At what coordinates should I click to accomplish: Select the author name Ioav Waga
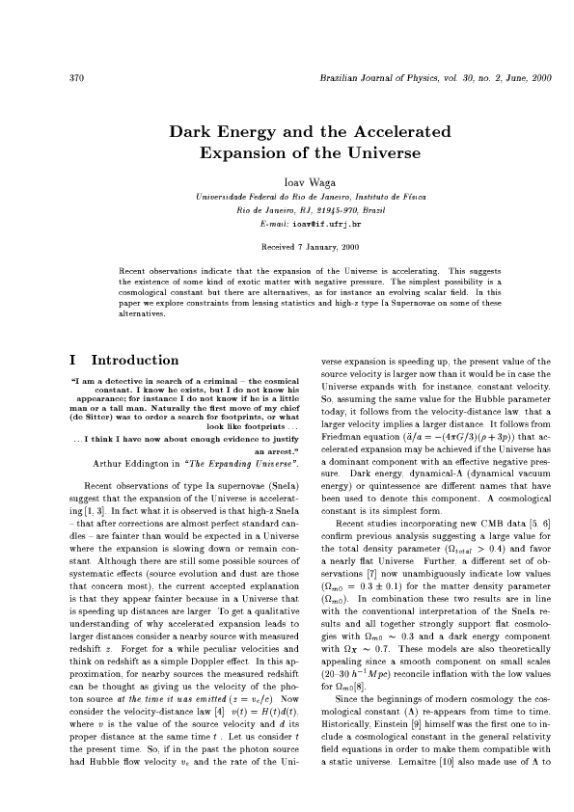(287, 180)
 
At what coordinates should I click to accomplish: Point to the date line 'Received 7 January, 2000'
(287, 246)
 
